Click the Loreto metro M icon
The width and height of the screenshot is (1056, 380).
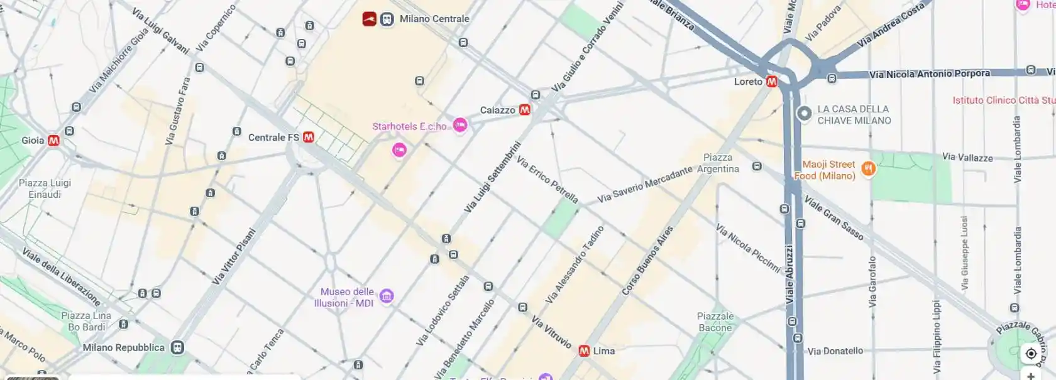(x=772, y=82)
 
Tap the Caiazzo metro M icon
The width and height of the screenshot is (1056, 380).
(x=524, y=110)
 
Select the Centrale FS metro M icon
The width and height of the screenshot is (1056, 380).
(x=308, y=137)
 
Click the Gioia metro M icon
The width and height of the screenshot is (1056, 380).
(x=53, y=141)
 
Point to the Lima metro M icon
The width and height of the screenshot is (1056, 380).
(x=584, y=351)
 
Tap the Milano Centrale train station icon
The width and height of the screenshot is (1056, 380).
(x=387, y=19)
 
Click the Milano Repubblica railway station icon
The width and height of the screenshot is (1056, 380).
(x=178, y=347)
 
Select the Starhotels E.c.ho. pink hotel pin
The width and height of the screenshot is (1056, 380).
(x=460, y=126)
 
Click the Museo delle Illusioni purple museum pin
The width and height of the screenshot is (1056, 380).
(x=387, y=296)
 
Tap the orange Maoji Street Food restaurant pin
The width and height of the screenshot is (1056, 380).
(x=868, y=168)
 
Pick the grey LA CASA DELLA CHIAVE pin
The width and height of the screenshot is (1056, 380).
(x=804, y=114)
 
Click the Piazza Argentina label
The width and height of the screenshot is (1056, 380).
(x=718, y=163)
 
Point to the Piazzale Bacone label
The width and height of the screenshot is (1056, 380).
(x=715, y=322)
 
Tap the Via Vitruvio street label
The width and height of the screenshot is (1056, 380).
(x=551, y=332)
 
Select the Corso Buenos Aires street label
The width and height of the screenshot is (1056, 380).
(x=647, y=261)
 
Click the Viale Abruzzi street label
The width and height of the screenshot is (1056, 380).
(x=789, y=275)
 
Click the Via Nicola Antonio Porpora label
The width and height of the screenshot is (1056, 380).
(x=929, y=74)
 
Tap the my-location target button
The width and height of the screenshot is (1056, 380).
(x=1031, y=354)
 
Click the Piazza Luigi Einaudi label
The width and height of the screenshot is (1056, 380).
(x=45, y=188)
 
